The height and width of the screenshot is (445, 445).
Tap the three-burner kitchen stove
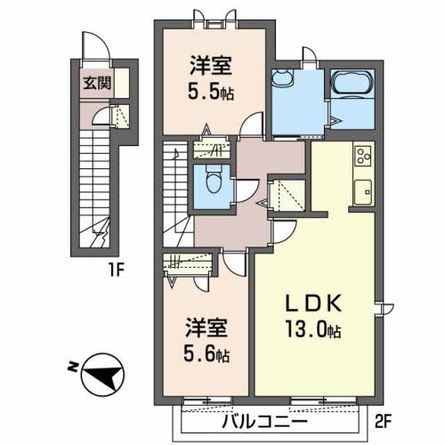(363, 157)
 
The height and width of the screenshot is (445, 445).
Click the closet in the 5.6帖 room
(190, 263)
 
